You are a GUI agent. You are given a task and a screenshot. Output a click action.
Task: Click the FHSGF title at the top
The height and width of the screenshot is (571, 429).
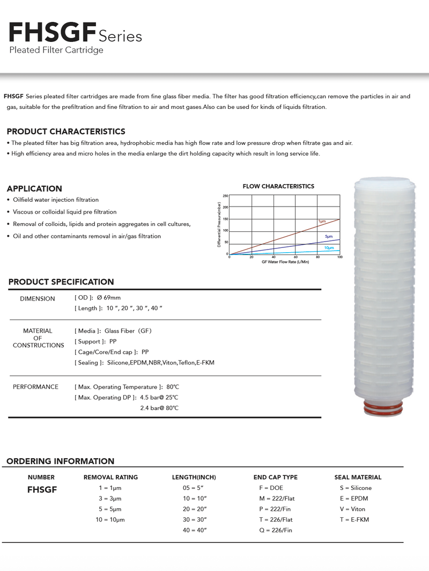51,34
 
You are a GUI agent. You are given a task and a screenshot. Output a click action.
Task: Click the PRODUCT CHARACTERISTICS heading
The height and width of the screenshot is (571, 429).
66,131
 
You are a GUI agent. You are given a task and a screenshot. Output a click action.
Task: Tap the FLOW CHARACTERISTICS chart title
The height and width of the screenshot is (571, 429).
278,186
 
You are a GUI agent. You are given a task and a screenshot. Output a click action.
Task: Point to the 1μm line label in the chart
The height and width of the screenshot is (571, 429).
322,221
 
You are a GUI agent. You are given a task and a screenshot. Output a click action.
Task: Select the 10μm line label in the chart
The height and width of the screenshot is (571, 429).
329,247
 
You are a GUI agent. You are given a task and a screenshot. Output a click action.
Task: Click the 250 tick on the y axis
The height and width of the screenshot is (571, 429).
226,196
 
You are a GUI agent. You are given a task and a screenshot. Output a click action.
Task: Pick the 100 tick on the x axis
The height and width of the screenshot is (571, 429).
340,258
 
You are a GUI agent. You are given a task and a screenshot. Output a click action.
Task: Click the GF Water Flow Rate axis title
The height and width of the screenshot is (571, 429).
285,262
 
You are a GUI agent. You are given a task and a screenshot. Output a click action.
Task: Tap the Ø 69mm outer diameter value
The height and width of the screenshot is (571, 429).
109,298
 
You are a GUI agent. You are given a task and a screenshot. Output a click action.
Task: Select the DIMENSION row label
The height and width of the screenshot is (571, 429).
38,298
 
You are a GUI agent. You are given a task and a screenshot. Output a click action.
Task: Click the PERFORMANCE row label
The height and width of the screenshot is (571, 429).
35,387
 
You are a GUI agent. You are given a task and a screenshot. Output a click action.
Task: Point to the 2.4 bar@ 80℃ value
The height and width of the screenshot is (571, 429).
159,408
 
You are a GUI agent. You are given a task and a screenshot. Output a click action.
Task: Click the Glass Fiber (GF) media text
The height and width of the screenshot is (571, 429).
128,331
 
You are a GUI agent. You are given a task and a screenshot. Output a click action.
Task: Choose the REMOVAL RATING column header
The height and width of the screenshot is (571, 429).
110,477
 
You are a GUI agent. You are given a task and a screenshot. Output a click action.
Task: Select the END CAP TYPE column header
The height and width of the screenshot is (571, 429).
275,477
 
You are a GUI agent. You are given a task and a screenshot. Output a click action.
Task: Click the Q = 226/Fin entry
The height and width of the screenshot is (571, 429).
276,530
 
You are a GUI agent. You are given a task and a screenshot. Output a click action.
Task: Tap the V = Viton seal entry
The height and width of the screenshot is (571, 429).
352,509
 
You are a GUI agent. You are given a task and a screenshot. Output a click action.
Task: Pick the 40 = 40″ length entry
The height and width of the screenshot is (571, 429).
195,530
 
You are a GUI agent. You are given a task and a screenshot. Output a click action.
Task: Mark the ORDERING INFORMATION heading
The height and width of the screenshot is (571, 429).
60,461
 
